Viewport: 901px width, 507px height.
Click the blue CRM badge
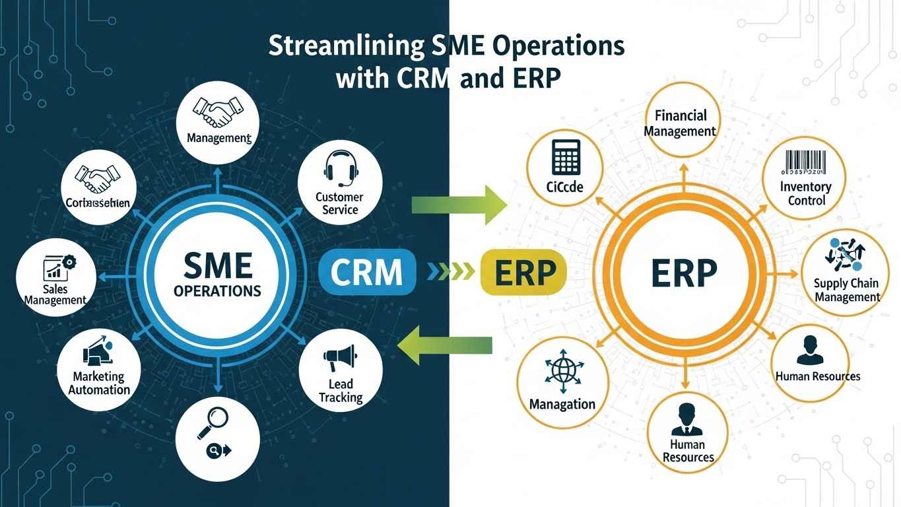pyautogui.click(x=367, y=271)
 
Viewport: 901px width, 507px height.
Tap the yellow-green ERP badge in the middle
pyautogui.click(x=523, y=271)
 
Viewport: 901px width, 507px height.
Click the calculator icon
pyautogui.click(x=565, y=156)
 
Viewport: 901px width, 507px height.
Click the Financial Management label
pyautogui.click(x=680, y=123)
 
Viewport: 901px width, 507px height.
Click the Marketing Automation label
pyautogui.click(x=99, y=383)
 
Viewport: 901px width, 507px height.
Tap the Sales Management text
pyautogui.click(x=55, y=294)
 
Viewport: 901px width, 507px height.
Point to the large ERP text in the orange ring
pyautogui.click(x=684, y=273)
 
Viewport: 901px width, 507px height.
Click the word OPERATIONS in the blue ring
pyautogui.click(x=217, y=290)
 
